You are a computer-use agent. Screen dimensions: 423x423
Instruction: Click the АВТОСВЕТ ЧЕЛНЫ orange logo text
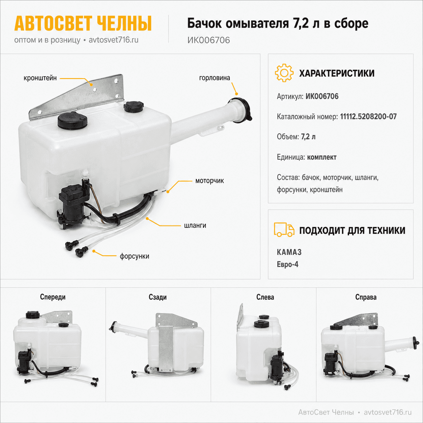tap(83, 23)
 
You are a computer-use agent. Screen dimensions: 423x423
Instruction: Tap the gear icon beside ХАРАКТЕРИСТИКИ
tap(284, 73)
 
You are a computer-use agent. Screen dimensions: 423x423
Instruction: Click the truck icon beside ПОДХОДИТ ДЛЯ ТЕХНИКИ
tap(284, 230)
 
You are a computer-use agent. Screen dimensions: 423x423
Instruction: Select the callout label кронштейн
tap(40, 78)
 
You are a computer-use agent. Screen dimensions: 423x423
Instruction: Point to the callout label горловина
tap(215, 78)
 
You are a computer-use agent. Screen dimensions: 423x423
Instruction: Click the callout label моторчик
tap(209, 181)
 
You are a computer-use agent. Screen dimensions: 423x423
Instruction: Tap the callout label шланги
tap(195, 225)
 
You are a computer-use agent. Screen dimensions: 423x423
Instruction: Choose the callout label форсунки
tap(134, 256)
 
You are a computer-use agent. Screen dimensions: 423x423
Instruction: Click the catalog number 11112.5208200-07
tap(368, 117)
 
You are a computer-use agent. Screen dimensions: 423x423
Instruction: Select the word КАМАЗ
tap(289, 252)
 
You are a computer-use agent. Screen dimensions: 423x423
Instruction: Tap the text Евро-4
tap(287, 264)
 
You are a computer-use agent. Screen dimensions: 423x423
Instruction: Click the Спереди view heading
tap(53, 297)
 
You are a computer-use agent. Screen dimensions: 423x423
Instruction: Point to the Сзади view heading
tap(158, 297)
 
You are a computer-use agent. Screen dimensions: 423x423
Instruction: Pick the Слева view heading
tap(265, 297)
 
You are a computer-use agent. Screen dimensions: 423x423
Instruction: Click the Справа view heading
tap(366, 297)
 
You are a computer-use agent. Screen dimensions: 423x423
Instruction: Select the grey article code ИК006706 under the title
tap(208, 40)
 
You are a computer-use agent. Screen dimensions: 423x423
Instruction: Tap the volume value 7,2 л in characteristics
tap(308, 137)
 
